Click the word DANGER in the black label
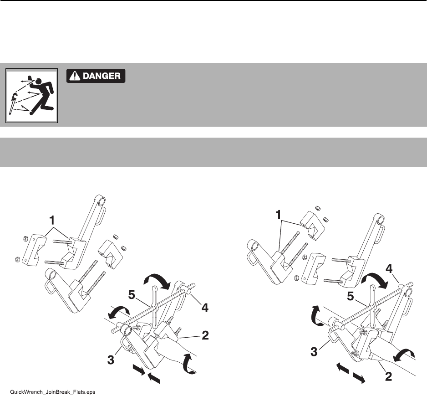coord(102,76)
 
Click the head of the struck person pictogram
coord(39,81)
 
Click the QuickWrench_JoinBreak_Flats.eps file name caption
coord(52,392)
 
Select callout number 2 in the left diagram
coord(205,335)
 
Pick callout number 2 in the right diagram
coord(388,377)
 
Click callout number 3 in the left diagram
coord(111,360)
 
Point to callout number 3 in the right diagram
coord(314,352)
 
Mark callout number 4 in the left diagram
coord(205,308)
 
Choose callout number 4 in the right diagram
coord(389,269)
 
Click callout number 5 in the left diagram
coord(132,295)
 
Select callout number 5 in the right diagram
coord(351,297)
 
